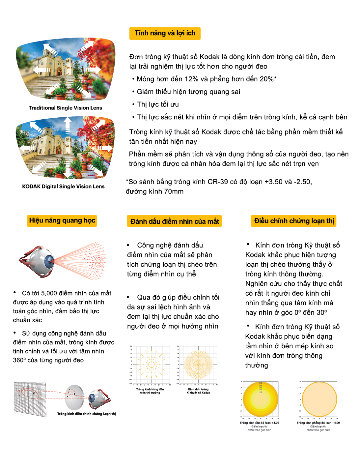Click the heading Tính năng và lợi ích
point(165,33)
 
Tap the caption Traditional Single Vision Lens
point(65,108)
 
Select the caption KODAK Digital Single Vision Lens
point(63,187)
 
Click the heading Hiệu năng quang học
point(62,220)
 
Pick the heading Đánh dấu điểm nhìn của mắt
point(175,221)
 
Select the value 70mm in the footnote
point(174,191)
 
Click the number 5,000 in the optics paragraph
point(49,293)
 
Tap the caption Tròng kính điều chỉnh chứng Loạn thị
point(86,414)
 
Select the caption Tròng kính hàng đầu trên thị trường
point(150,391)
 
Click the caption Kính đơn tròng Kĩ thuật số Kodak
point(198,391)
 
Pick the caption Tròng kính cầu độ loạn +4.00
point(259,423)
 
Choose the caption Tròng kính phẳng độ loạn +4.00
point(318,423)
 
